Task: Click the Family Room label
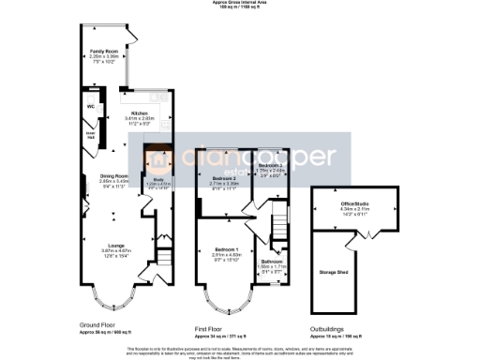(x=100, y=51)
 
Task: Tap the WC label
(x=91, y=106)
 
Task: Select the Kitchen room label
(x=140, y=112)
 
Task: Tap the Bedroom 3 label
(x=270, y=165)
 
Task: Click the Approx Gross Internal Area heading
(x=240, y=4)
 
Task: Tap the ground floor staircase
(x=165, y=254)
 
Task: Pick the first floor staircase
(x=279, y=226)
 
